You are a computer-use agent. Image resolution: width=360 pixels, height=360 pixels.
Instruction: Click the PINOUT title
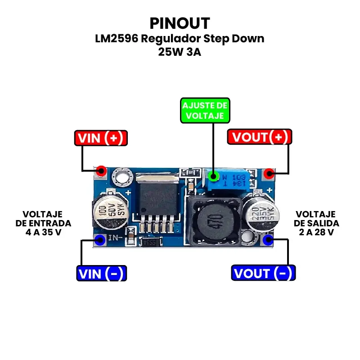point(180,23)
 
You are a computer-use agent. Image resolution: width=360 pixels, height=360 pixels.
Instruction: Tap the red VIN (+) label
point(101,138)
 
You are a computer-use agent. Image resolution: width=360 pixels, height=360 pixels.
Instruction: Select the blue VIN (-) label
point(101,273)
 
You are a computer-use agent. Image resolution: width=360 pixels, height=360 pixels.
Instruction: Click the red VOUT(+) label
point(260,137)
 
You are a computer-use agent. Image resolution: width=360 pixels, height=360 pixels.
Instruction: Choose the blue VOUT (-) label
point(263,273)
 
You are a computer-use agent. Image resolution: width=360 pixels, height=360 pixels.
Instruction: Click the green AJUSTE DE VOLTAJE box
point(204,111)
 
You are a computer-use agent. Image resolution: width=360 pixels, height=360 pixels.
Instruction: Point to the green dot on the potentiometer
point(214,176)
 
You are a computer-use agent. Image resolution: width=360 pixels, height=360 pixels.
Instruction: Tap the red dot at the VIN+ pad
point(101,171)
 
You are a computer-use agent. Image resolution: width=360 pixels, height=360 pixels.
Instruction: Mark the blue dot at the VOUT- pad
point(268,239)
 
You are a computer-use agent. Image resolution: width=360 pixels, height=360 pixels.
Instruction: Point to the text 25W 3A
point(180,52)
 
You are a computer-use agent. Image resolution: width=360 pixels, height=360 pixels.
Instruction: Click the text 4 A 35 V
point(43,233)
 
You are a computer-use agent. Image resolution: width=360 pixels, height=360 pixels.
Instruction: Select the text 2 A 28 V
point(316,233)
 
